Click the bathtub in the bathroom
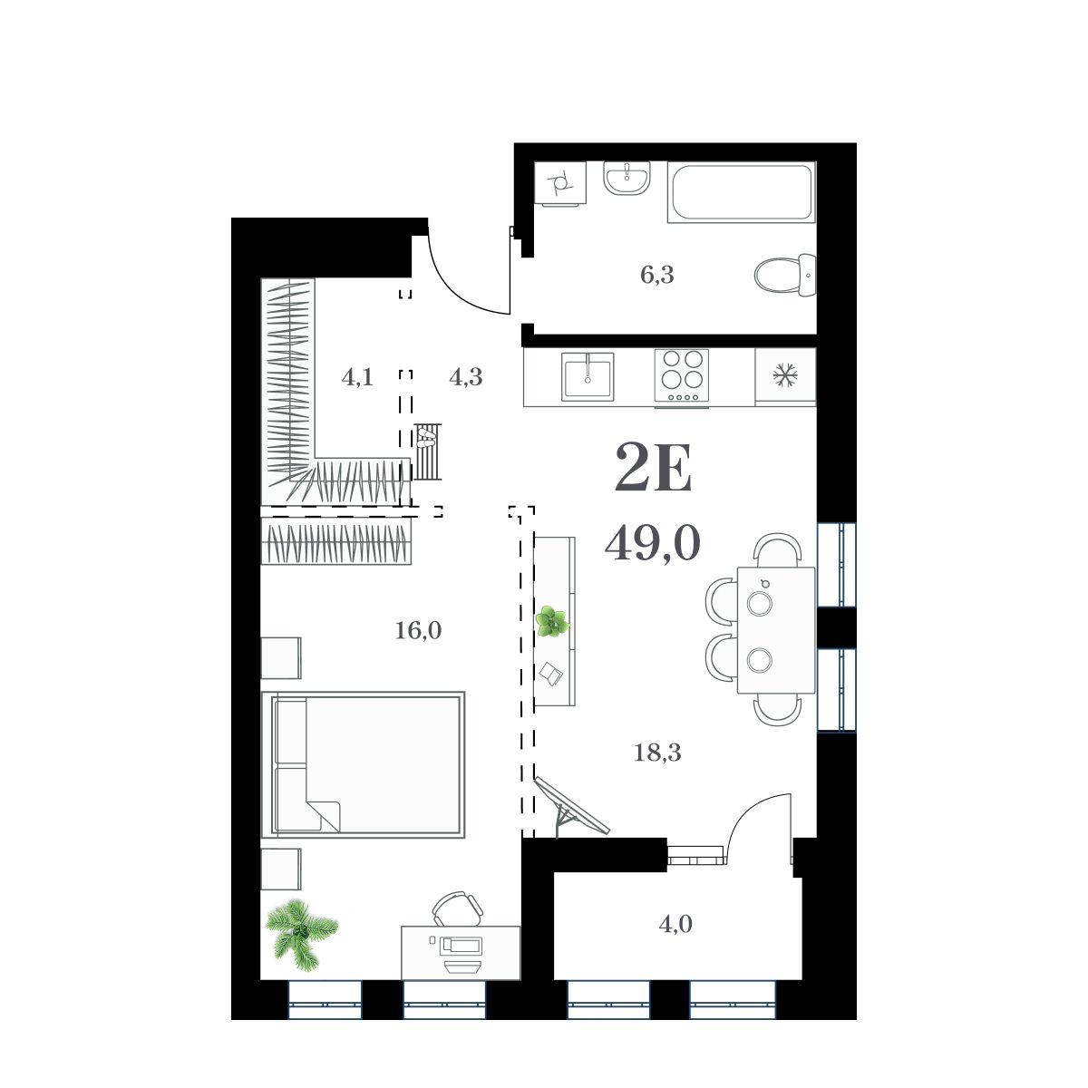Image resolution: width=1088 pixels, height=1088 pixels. [x=742, y=192]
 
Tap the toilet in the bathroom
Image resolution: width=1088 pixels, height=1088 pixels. [x=785, y=275]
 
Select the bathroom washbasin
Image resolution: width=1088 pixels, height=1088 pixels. [x=627, y=179]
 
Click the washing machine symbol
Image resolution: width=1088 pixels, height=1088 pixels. [x=560, y=182]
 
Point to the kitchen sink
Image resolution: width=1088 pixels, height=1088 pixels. [x=588, y=376]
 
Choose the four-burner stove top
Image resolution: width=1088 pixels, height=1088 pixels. [x=682, y=376]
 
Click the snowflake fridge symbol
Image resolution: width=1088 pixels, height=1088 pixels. [x=785, y=375]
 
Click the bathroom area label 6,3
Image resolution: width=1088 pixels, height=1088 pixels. [x=657, y=276]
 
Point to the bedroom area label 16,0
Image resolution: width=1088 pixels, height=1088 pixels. [x=418, y=631]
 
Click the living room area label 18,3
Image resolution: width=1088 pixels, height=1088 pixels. [x=657, y=753]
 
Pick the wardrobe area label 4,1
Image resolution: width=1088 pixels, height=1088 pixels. [x=357, y=377]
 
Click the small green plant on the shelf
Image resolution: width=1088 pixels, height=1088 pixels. [x=552, y=621]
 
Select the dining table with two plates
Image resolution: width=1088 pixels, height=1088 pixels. [x=776, y=631]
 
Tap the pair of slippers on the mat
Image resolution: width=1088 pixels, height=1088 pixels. [x=426, y=439]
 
